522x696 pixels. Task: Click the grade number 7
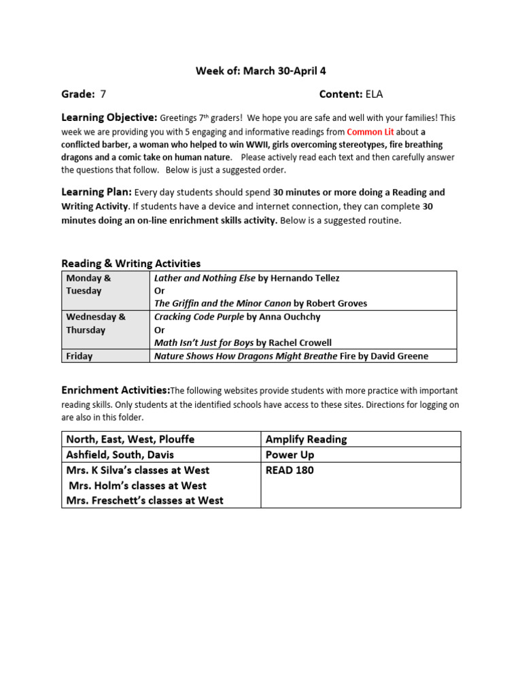[x=103, y=94]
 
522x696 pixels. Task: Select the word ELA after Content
[x=375, y=94]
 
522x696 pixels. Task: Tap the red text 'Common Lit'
[x=370, y=132]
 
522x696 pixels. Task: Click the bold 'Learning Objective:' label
[x=109, y=118]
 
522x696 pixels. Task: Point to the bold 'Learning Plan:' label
[x=97, y=192]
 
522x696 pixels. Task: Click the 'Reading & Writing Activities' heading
[x=131, y=263]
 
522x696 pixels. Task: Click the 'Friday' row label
[x=80, y=355]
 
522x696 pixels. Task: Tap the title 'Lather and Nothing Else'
[x=205, y=278]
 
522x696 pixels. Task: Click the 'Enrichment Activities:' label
[x=116, y=390]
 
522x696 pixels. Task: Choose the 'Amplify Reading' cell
[x=306, y=439]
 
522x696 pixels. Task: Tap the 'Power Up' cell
[x=290, y=455]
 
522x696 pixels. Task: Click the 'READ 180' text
[x=290, y=470]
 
